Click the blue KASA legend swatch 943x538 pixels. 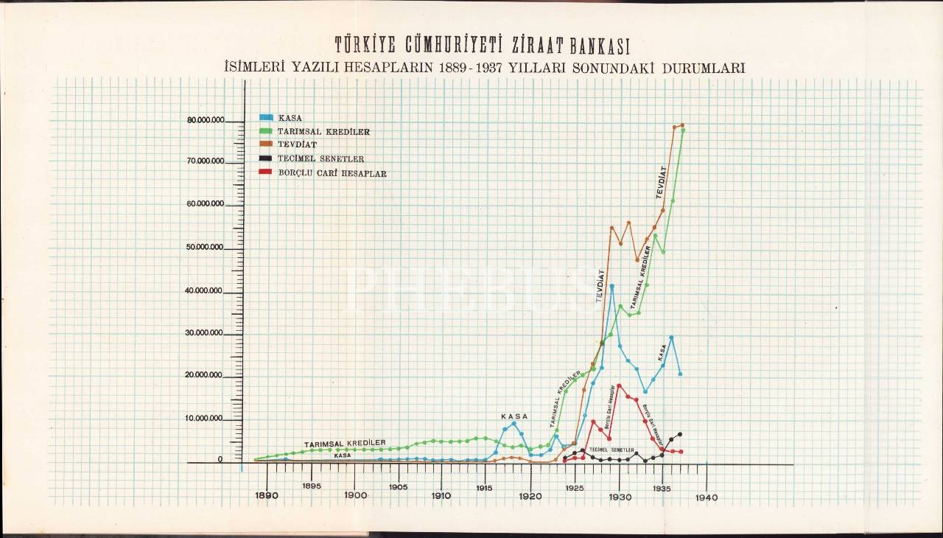point(267,118)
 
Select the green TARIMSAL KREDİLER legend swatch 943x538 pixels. point(267,131)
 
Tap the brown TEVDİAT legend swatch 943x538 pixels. point(267,144)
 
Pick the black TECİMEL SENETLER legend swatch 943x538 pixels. point(267,158)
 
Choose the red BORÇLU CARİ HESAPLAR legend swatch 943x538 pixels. point(267,172)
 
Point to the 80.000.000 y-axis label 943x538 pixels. point(206,120)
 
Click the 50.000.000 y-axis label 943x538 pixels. point(206,248)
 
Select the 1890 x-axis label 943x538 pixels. point(267,496)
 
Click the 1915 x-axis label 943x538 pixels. point(484,488)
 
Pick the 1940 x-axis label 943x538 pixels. point(706,497)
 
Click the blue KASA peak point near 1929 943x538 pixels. point(611,286)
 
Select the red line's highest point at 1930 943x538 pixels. point(619,385)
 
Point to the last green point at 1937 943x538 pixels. point(683,130)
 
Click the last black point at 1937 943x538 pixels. point(680,434)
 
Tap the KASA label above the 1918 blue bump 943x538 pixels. point(514,416)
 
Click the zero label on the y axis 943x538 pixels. point(220,459)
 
